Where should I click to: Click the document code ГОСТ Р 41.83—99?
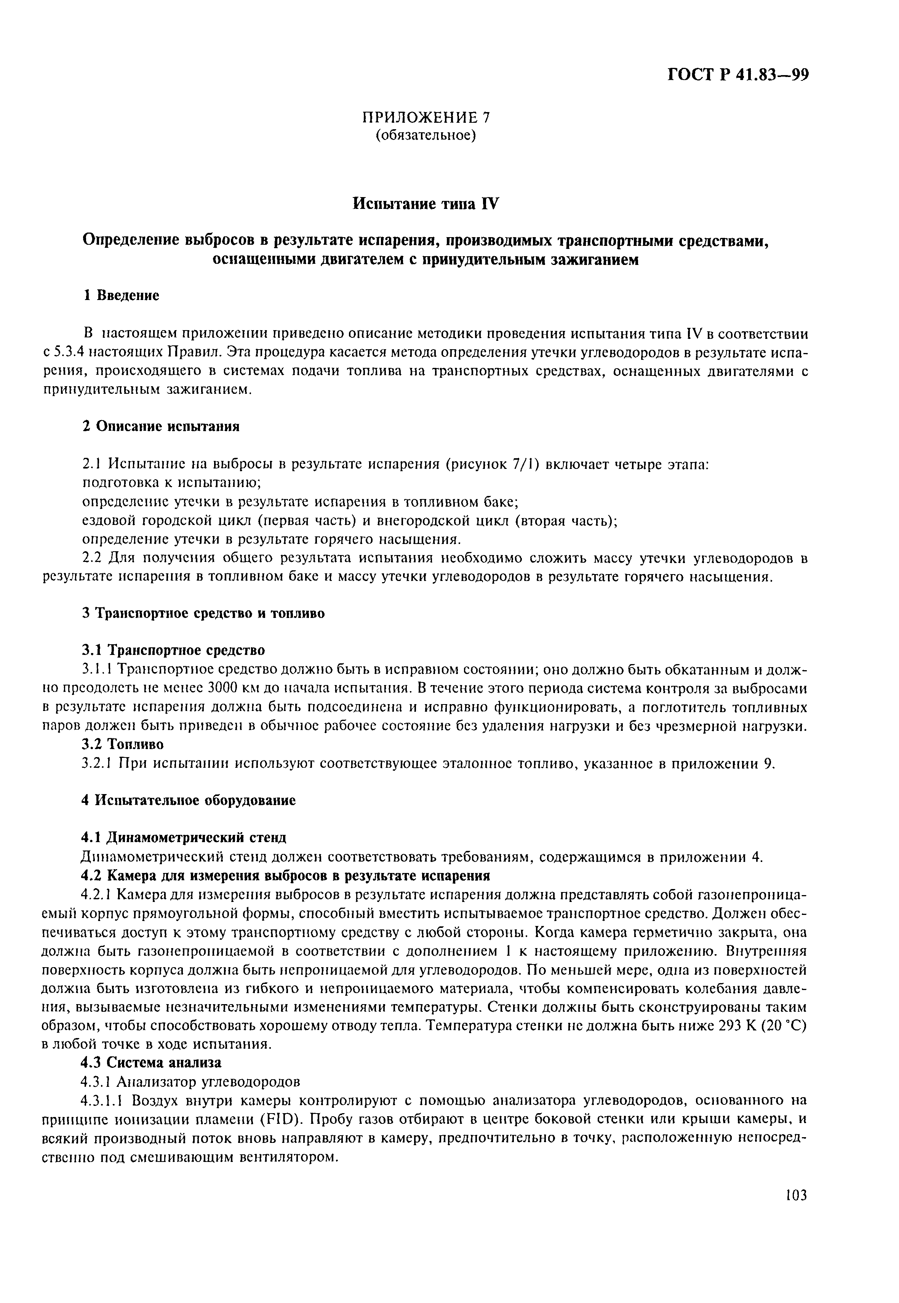click(738, 75)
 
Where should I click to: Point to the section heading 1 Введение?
click(121, 295)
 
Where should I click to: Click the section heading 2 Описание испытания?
click(161, 426)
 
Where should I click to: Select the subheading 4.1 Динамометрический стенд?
click(184, 838)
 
